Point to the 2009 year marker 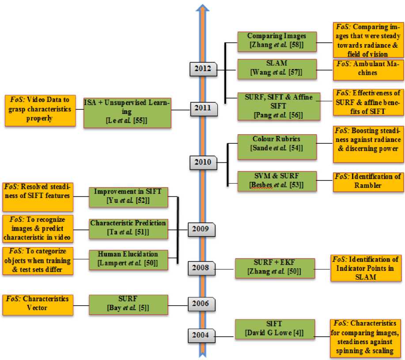pos(201,229)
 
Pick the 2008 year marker pos(201,268)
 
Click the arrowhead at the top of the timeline pos(202,9)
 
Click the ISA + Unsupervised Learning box pos(127,112)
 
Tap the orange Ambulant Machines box pos(368,69)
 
